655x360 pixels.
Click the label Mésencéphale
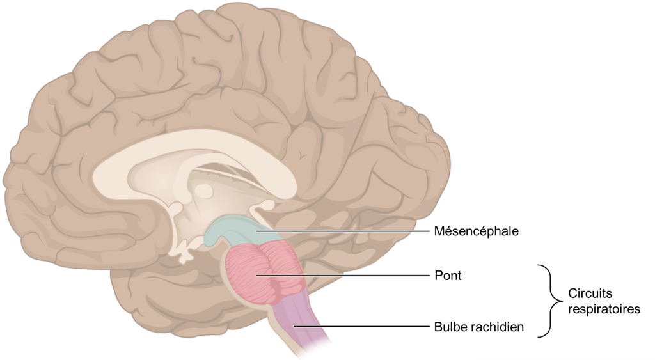tap(476, 231)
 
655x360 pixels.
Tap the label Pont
tap(448, 276)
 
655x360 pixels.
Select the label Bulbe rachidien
tap(479, 327)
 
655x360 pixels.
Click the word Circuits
tap(590, 294)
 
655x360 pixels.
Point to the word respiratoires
tap(604, 309)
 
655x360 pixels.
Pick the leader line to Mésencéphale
tap(345, 230)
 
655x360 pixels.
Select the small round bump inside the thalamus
tap(203, 191)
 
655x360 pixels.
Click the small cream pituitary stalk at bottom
tap(184, 254)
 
